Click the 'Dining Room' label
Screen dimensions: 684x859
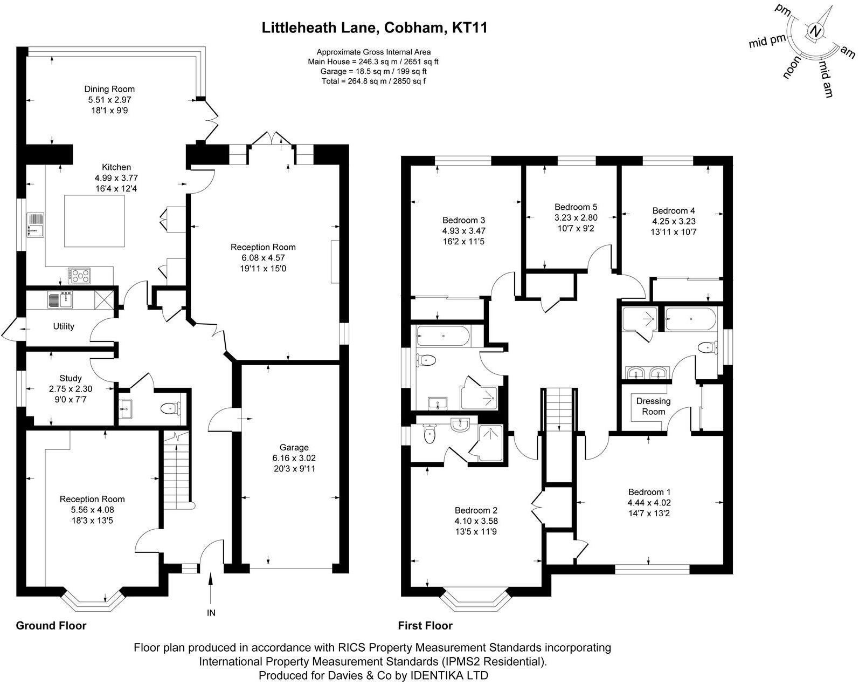[x=109, y=89]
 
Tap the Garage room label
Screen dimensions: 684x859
[x=294, y=447]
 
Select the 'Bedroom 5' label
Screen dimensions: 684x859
[x=576, y=207]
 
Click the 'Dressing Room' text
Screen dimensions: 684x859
[x=653, y=406]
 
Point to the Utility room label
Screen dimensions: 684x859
[x=64, y=326]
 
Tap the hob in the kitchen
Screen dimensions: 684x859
[x=79, y=276]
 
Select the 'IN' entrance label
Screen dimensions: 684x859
[x=211, y=613]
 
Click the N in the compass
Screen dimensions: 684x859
[x=816, y=32]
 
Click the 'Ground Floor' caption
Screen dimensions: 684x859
[x=51, y=626]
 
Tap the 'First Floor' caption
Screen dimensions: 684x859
[x=425, y=626]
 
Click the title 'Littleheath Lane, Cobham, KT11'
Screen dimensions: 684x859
[x=375, y=28]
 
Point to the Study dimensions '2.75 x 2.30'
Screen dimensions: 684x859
[x=71, y=388]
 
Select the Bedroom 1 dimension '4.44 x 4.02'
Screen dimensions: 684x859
[x=649, y=503]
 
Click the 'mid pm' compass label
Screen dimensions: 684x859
[x=767, y=41]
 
